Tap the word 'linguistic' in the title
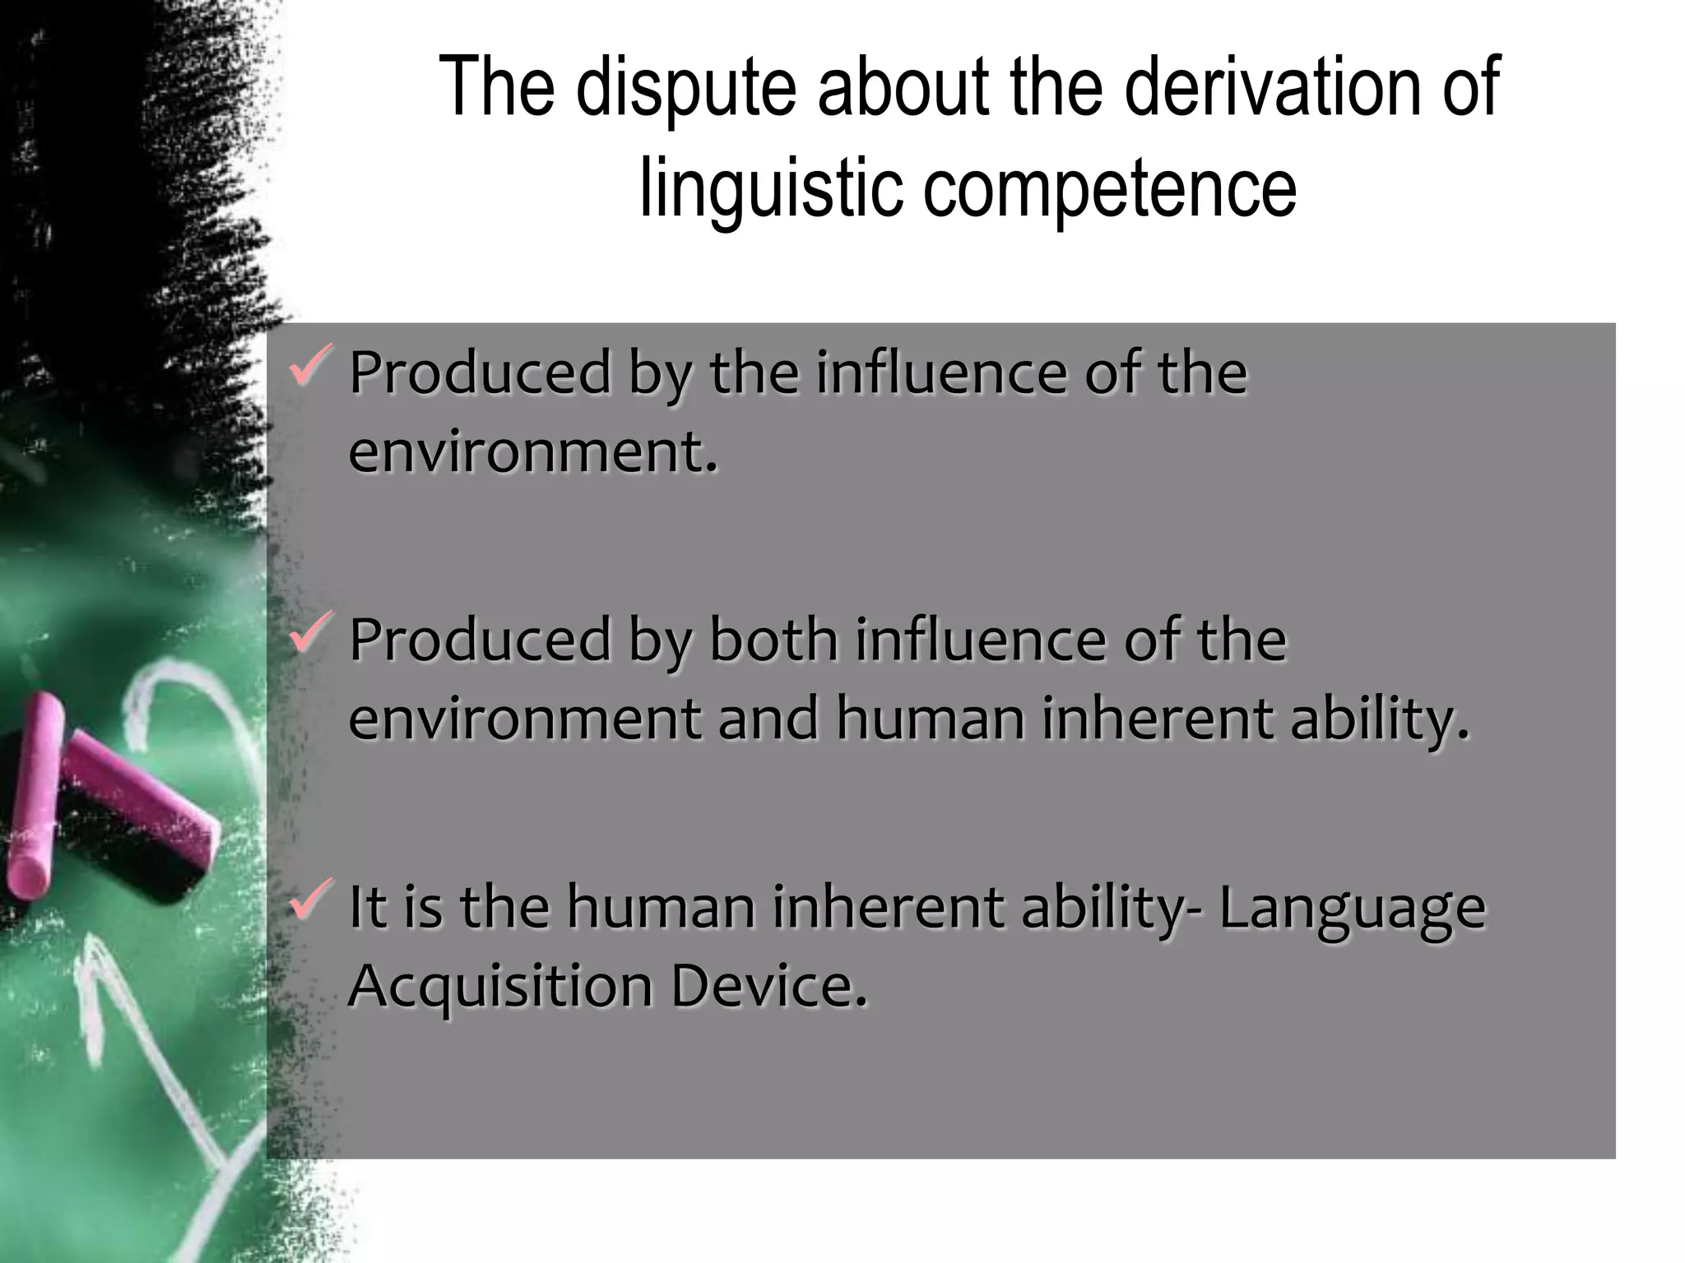769,188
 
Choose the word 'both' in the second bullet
773,639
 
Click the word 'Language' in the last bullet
1352,908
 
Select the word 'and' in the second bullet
768,719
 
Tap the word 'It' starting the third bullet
367,906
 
